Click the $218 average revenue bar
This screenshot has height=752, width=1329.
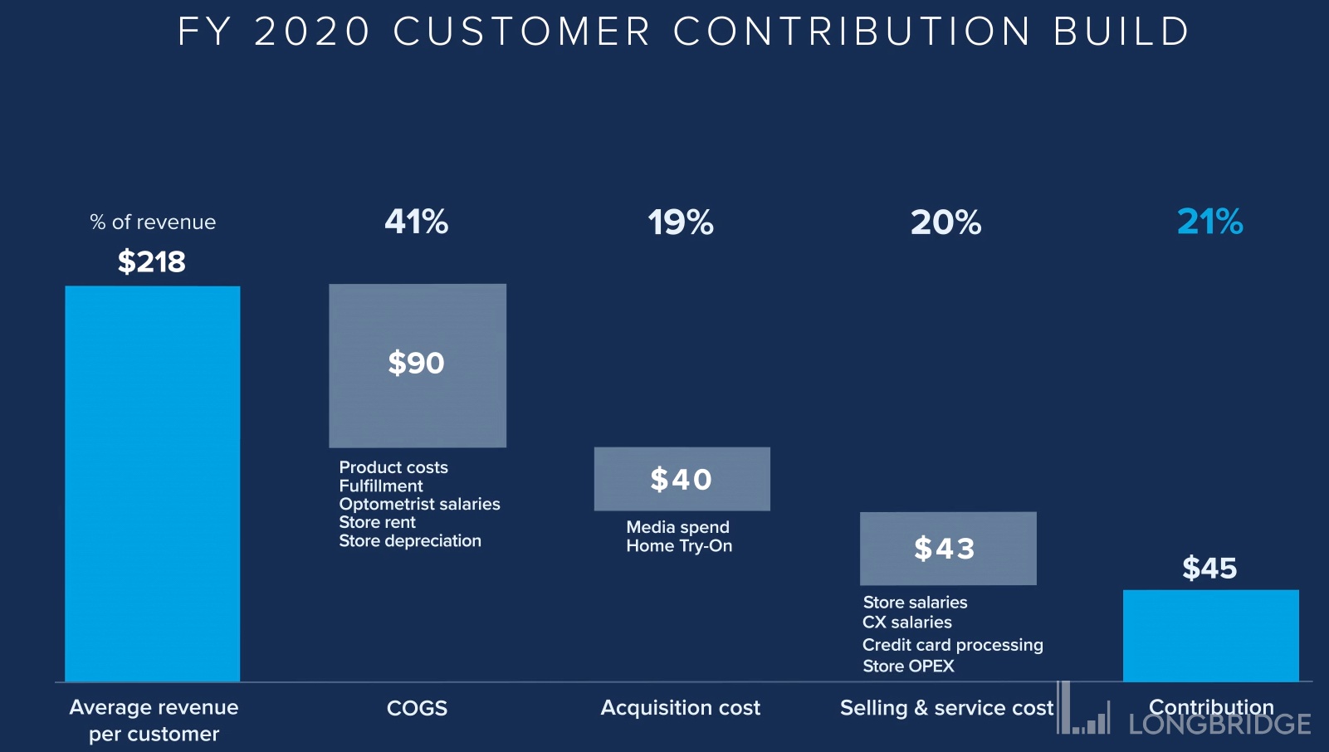click(153, 483)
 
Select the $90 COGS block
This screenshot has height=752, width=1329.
click(418, 365)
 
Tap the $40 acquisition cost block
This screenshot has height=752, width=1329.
click(682, 479)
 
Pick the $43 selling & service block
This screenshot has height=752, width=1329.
click(948, 548)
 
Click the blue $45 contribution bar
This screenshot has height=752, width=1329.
click(1210, 635)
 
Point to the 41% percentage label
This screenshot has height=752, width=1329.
click(417, 222)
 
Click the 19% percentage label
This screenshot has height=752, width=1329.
click(681, 222)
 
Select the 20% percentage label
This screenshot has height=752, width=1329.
click(945, 222)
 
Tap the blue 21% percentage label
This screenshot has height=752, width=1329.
click(1209, 222)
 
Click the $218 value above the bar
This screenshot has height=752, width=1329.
click(152, 262)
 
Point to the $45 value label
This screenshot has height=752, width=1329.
click(1209, 569)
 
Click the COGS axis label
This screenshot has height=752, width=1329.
click(417, 708)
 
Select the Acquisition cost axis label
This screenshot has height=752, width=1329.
click(680, 708)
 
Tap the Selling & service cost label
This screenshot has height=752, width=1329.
click(946, 708)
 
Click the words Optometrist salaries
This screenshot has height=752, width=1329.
click(419, 504)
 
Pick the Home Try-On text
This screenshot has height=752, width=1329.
click(679, 546)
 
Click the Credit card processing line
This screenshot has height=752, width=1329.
click(952, 645)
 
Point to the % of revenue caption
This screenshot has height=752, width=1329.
click(153, 222)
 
